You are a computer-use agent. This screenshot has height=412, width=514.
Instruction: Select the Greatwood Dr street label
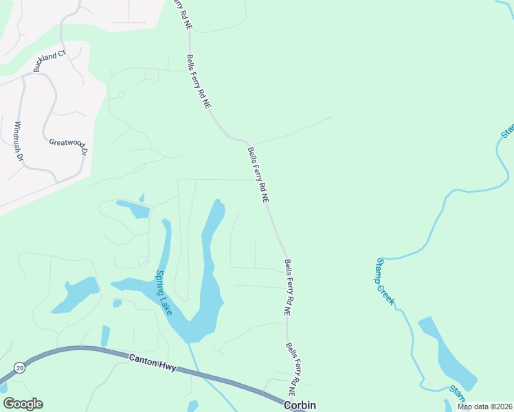(x=69, y=146)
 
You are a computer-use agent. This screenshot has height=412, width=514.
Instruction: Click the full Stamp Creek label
(x=383, y=282)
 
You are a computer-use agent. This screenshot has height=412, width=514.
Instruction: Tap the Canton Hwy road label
(x=153, y=363)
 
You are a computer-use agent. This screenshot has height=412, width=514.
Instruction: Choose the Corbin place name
(x=300, y=405)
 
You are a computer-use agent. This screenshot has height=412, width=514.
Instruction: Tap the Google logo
(x=23, y=403)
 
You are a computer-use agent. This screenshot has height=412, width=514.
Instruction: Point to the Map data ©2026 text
(x=484, y=407)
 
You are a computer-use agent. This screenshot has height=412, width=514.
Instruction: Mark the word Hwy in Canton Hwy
(x=167, y=367)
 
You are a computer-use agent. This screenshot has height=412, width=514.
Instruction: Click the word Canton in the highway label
(x=142, y=360)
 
